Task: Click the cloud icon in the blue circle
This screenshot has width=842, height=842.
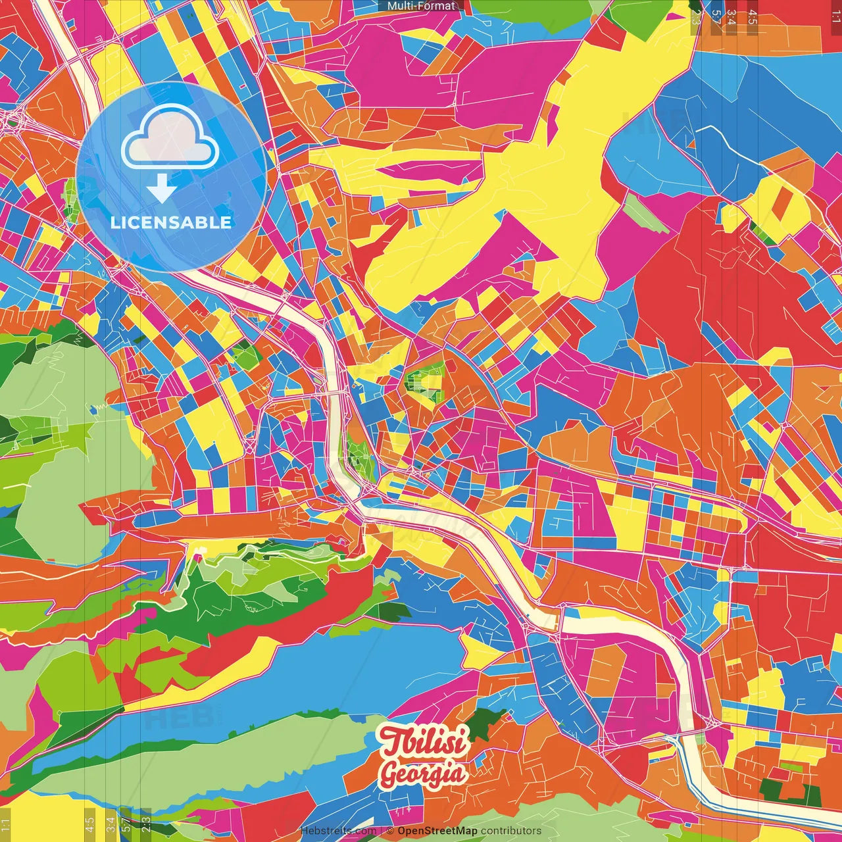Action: coord(170,137)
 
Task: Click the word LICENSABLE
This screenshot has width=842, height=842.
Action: coord(171,222)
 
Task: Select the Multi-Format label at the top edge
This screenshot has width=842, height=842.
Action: coord(421,6)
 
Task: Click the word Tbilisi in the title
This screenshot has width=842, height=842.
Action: coord(424,742)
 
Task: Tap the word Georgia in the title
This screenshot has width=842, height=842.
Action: coord(423,774)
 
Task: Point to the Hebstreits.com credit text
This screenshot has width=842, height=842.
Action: coord(338,831)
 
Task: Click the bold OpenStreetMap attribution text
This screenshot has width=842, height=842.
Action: coord(437,831)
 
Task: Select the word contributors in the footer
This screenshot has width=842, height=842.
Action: coord(511,831)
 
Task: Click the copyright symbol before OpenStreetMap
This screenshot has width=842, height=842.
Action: coord(390,831)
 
